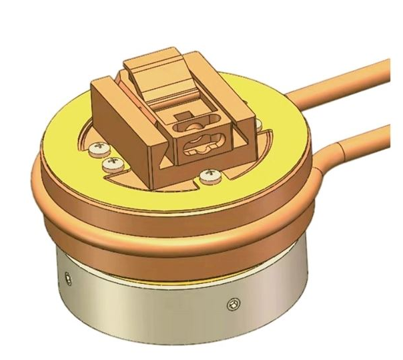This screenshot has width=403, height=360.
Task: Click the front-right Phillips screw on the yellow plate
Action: click(211, 176)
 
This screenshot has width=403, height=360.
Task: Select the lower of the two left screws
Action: click(109, 162)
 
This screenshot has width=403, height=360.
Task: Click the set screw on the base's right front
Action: click(232, 303)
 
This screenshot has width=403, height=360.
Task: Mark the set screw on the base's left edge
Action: click(66, 276)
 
